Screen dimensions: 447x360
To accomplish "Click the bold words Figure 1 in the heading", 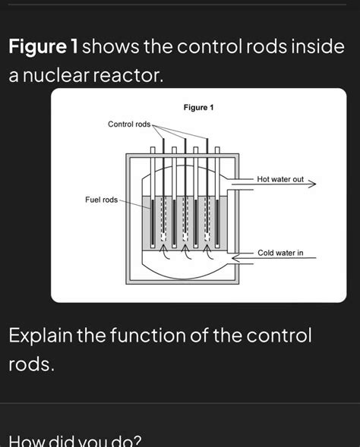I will (44, 47).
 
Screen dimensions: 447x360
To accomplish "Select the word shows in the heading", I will (112, 47).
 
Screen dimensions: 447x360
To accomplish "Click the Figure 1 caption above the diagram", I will (198, 108).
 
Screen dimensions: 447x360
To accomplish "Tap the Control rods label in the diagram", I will (129, 124).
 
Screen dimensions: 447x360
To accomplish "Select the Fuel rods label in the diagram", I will (102, 200).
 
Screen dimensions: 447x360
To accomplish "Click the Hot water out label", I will (280, 179).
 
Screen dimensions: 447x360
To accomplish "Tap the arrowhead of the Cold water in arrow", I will (235, 258).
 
